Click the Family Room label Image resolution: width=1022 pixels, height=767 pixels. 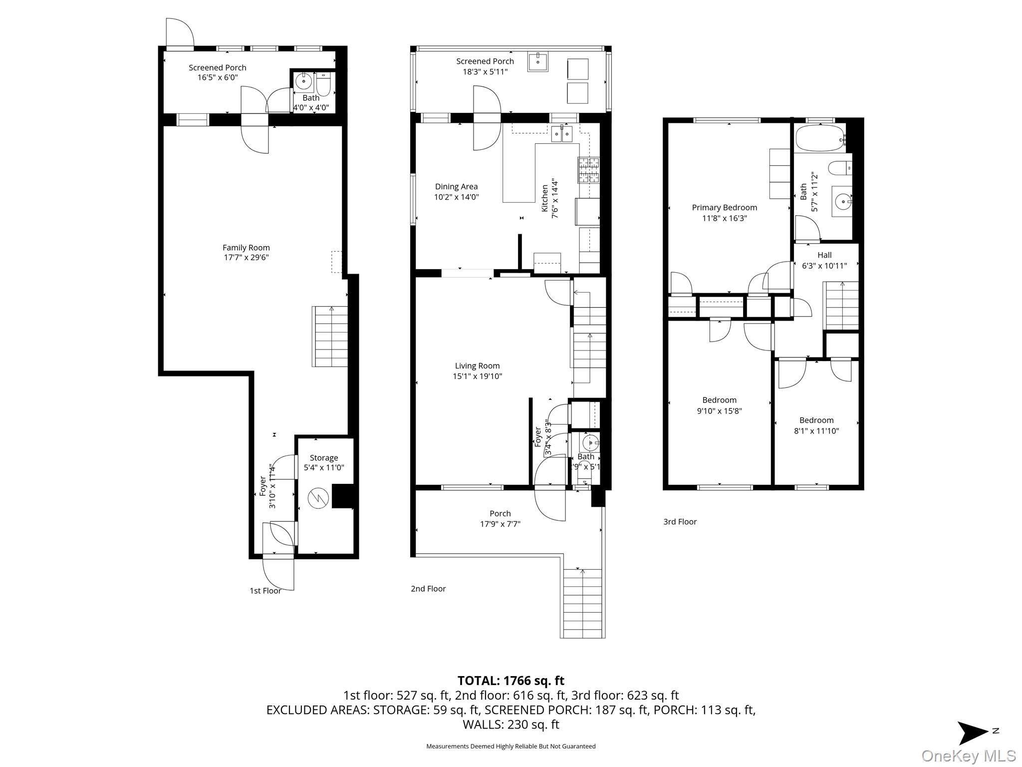pyautogui.click(x=246, y=248)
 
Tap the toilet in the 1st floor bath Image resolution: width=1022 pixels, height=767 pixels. pyautogui.click(x=323, y=85)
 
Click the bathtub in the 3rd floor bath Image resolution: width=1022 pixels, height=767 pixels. pyautogui.click(x=819, y=138)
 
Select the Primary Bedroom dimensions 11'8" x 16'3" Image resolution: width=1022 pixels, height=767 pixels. pyautogui.click(x=724, y=218)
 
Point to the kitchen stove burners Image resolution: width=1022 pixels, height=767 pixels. pyautogui.click(x=589, y=170)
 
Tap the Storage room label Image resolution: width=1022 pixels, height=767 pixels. pyautogui.click(x=324, y=458)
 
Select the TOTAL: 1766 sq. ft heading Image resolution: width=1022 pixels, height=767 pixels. pyautogui.click(x=511, y=681)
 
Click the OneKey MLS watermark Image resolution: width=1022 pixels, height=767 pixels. pyautogui.click(x=969, y=756)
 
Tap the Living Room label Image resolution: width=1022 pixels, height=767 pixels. pyautogui.click(x=477, y=366)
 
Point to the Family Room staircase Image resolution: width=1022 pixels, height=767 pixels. pyautogui.click(x=330, y=337)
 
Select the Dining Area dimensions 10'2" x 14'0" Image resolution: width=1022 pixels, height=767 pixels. pyautogui.click(x=456, y=197)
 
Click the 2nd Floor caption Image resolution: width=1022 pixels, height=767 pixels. pyautogui.click(x=428, y=589)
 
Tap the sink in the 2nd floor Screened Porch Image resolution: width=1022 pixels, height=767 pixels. pyautogui.click(x=538, y=61)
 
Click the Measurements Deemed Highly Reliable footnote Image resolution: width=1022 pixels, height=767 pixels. pyautogui.click(x=511, y=747)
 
